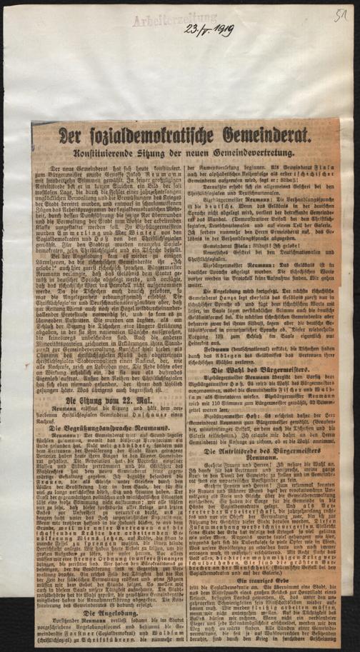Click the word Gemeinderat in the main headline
click(266, 136)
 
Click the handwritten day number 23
click(191, 30)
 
